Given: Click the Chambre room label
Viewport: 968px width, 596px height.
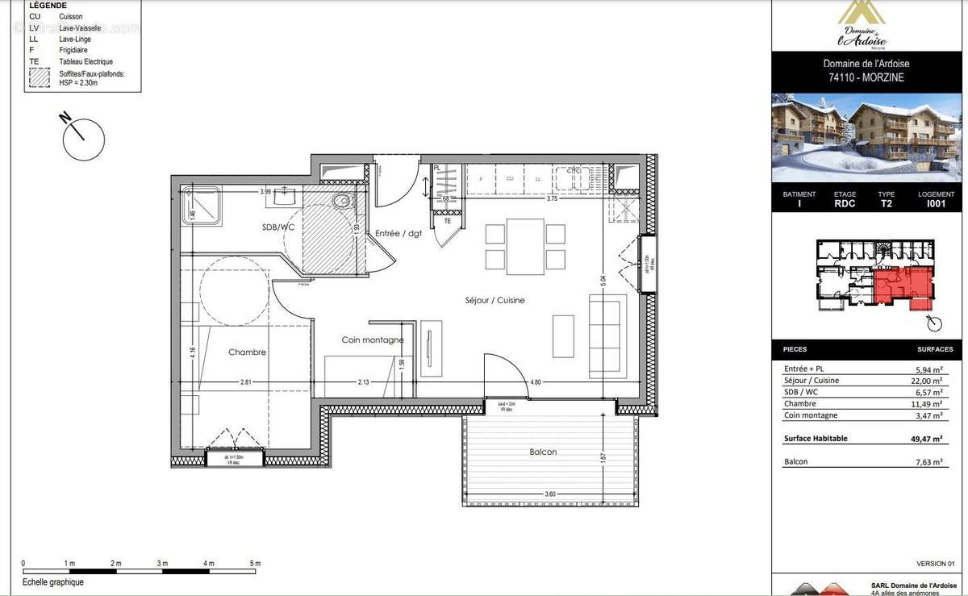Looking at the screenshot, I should coord(247,352).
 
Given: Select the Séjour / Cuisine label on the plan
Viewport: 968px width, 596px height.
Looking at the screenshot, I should coord(494,300).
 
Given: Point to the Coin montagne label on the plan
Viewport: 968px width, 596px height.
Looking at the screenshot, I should coord(372,340).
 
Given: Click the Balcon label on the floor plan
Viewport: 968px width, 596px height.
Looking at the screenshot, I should coord(543,452).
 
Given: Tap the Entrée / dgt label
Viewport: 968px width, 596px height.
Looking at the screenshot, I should coord(398,234).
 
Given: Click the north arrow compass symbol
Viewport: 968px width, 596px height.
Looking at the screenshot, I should coord(84,138).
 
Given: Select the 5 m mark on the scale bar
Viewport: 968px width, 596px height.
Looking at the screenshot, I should coord(255,563).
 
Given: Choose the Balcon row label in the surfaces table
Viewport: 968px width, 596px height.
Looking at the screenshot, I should coord(795,461).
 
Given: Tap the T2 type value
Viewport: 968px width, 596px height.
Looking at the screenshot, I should coord(886,204).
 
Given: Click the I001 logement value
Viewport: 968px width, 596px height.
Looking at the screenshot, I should coord(936,204).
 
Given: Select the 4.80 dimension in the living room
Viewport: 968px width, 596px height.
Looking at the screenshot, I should coord(535,382).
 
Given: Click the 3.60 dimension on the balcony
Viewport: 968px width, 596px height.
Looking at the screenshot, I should coord(549,494).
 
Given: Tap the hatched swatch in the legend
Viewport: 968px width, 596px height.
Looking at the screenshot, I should coord(40,77).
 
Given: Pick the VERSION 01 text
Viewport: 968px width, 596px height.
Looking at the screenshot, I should coord(935,563).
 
